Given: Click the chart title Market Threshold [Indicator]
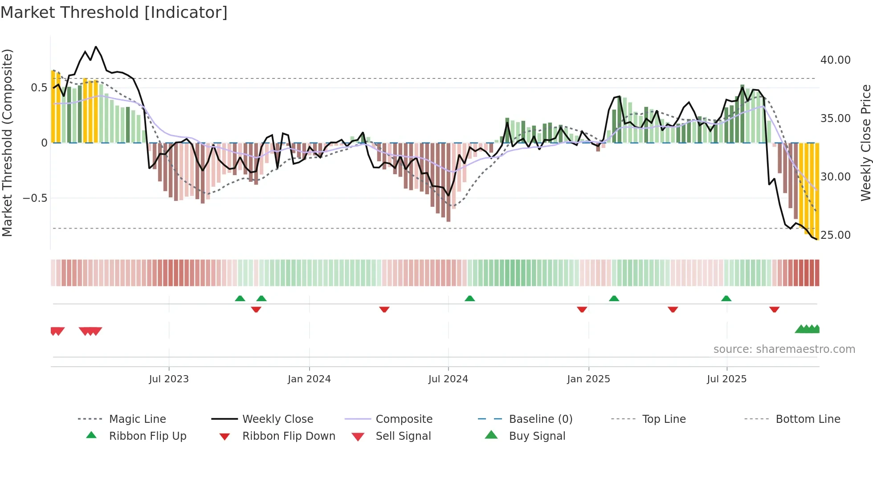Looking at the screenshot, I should (114, 12).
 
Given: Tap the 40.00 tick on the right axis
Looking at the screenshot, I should (835, 60).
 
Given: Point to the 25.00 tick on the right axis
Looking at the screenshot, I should (835, 235).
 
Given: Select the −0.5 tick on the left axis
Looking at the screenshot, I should (35, 198).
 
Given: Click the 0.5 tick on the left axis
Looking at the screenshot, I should (39, 88).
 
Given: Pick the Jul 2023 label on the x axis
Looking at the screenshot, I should (169, 379).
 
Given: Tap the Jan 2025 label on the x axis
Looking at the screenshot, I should (588, 379).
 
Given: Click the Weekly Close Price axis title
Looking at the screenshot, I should (865, 143).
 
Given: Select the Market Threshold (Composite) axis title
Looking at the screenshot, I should (7, 143).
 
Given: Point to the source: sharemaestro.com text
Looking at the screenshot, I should (784, 349).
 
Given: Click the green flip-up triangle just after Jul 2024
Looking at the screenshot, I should (469, 299).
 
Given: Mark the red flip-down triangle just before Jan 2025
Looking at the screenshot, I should (582, 309).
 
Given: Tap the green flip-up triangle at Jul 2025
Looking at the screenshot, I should (726, 299).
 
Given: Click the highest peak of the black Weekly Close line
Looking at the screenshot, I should (96, 47).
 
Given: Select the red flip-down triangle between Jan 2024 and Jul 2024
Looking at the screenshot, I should (384, 309).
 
